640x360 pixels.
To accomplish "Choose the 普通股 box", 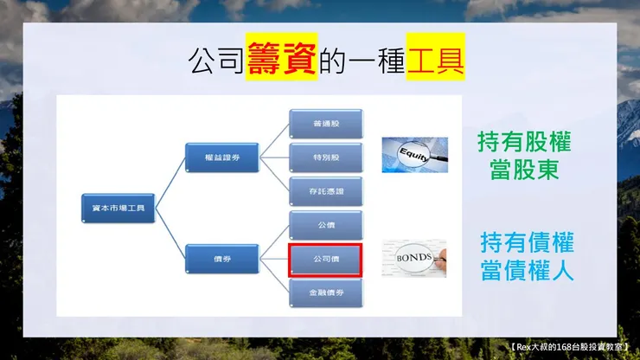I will [324, 124].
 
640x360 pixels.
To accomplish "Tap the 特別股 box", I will [324, 157].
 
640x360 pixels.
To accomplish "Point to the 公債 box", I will [324, 224].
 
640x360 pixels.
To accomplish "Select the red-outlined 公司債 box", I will [324, 259].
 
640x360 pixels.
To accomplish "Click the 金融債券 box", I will [324, 292].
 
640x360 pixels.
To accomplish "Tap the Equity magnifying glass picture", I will [414, 155].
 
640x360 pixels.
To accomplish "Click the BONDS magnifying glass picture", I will [414, 258].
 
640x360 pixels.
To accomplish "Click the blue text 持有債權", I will [527, 242].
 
